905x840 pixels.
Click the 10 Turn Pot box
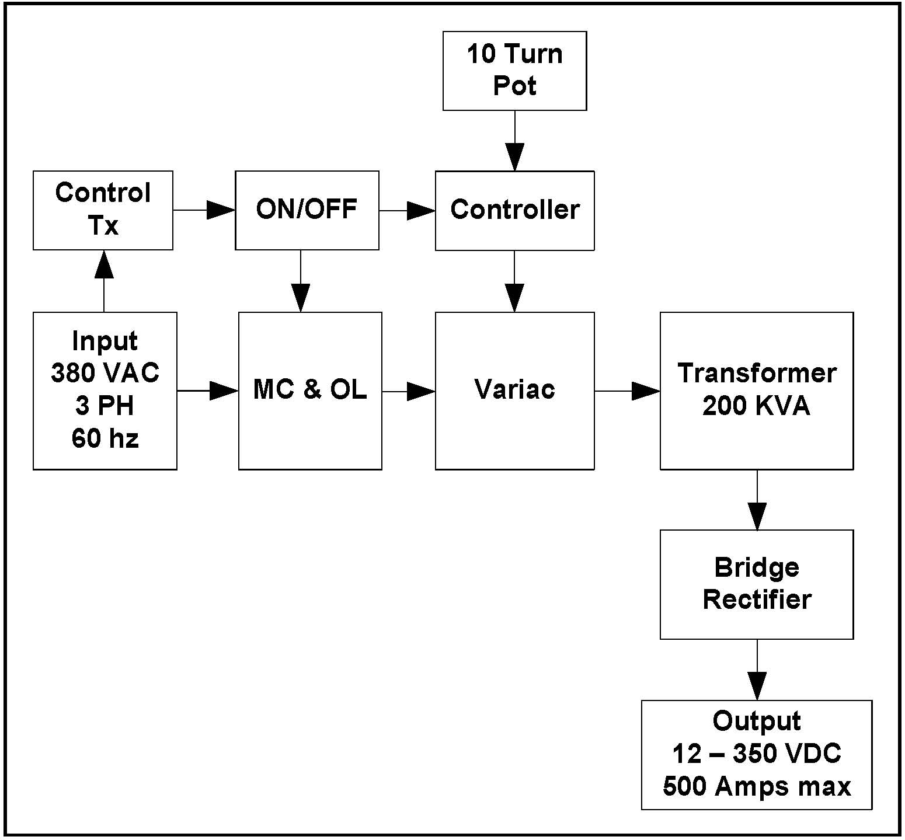coord(514,71)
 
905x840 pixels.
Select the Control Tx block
coord(103,210)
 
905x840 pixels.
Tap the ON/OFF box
coord(307,210)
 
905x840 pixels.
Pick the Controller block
coord(514,210)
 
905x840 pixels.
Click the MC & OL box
coord(310,391)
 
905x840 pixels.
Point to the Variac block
coord(514,391)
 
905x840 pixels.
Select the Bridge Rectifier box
coord(757,584)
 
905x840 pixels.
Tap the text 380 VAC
coord(105,373)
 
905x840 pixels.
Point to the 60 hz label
coord(105,438)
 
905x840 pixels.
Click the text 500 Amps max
coord(757,786)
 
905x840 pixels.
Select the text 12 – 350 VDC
coord(757,754)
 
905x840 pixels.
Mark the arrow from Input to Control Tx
coord(104,281)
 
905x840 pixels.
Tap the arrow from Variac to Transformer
coord(627,391)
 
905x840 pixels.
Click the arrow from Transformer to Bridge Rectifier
coord(757,500)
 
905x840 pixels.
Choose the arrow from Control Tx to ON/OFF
coord(204,210)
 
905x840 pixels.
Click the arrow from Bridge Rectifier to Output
coord(757,670)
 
